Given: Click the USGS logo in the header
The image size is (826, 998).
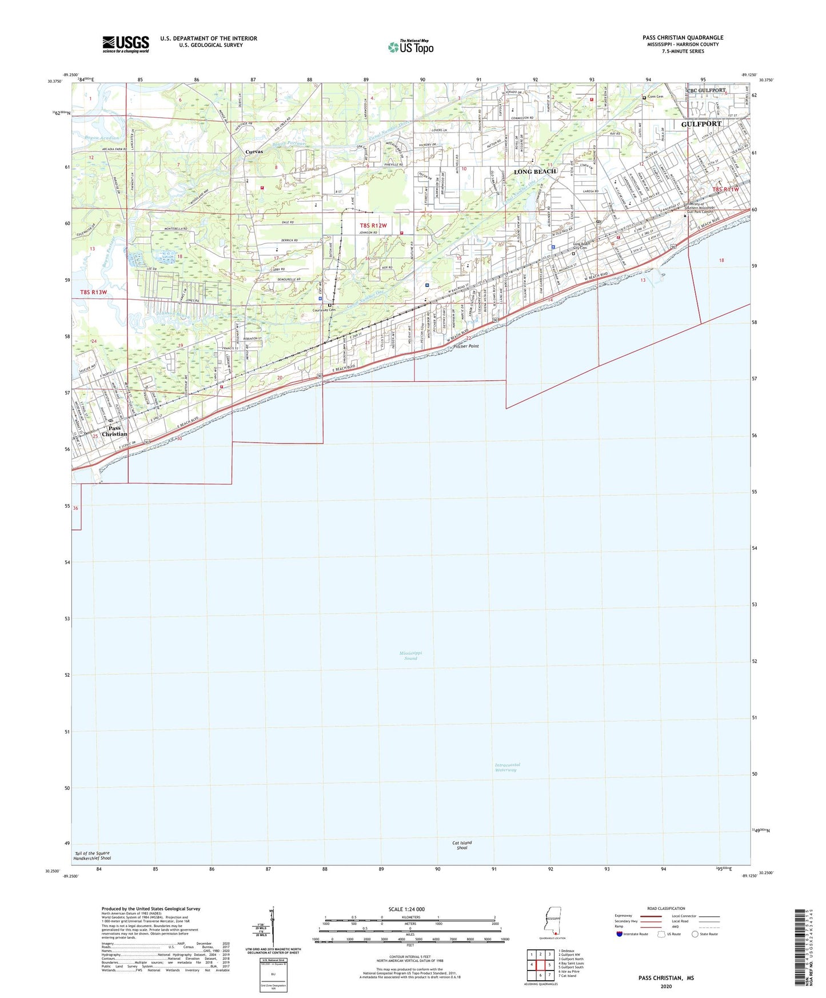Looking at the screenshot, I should pos(125,44).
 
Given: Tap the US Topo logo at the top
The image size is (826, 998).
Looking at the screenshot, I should pos(410,47).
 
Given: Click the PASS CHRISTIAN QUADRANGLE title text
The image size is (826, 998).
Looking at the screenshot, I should pos(683,38).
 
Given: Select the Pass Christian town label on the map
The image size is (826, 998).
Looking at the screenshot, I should pos(114,431).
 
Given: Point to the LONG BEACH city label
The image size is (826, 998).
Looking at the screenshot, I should pos(534,171).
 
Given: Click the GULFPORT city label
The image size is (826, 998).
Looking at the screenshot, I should pos(701,123).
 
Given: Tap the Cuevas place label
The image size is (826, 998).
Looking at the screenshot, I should pos(254,151).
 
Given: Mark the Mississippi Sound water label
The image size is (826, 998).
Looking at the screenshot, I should pos(410,655).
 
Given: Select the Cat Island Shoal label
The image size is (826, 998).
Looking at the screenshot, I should pos(462,845).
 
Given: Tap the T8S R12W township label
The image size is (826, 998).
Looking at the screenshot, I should pos(373,226).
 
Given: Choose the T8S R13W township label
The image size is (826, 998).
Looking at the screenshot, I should pos(93,292).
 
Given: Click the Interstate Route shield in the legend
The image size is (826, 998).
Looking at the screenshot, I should pos(620,934).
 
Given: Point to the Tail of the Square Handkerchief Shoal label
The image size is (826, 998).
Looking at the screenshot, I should pos(93,856).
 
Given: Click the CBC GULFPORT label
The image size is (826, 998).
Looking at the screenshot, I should pos(706,90).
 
